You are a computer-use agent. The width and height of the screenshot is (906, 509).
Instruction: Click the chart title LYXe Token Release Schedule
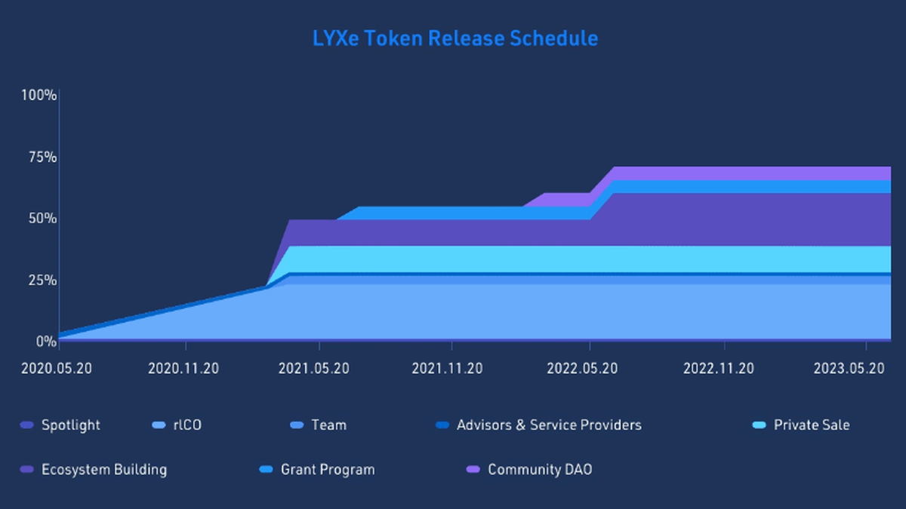(x=455, y=38)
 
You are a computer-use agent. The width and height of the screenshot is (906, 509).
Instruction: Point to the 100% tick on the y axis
(x=39, y=95)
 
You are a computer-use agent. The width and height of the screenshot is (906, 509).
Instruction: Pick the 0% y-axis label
(x=45, y=341)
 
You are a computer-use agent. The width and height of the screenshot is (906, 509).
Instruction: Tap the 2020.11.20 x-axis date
(x=183, y=369)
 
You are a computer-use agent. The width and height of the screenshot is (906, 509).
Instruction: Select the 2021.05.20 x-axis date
(x=314, y=369)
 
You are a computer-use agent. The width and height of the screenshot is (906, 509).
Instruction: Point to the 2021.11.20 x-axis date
(x=448, y=369)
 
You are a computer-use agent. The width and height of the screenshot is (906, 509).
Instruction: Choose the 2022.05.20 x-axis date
(x=582, y=369)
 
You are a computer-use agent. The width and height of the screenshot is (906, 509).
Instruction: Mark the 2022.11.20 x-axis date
(x=718, y=369)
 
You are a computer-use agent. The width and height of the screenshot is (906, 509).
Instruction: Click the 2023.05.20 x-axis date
(x=849, y=369)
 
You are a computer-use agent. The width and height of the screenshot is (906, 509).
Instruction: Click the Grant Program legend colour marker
(x=265, y=470)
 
